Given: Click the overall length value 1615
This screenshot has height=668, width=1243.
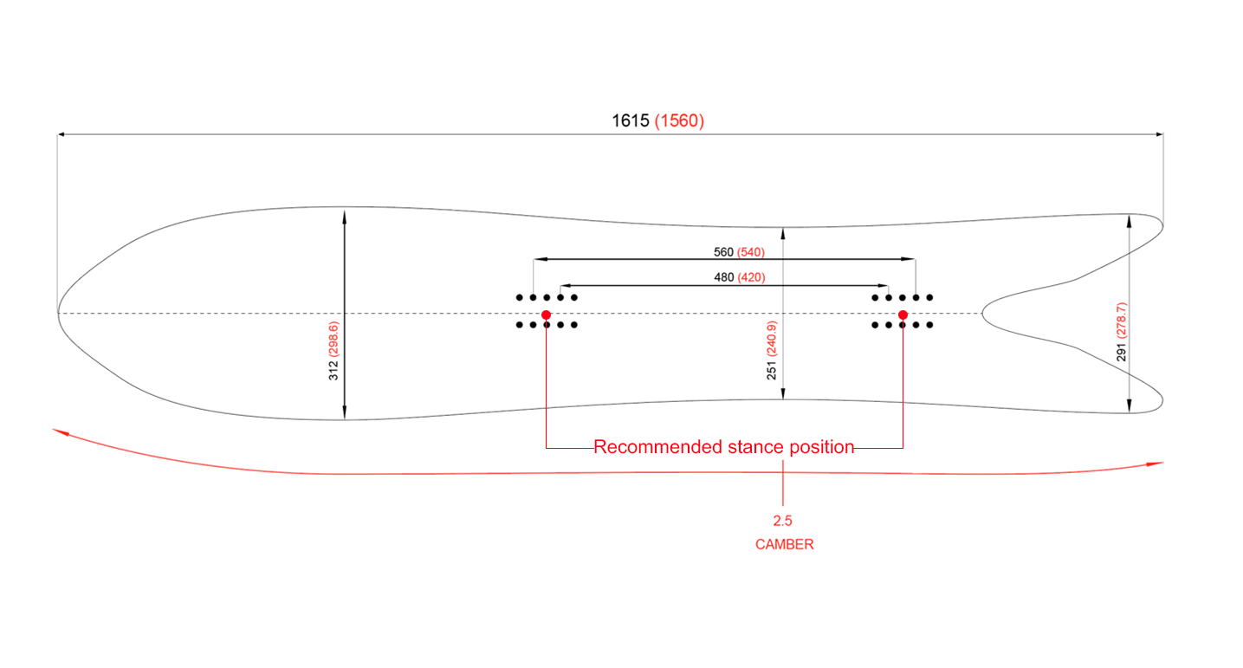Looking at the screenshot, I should coord(631,121).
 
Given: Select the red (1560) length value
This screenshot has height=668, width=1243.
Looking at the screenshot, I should coord(680,121).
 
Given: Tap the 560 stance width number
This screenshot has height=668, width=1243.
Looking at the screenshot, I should coord(723,252).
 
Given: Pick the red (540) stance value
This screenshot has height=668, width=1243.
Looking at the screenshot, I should coord(752,252).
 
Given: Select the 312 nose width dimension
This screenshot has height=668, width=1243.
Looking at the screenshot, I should coord(333,371).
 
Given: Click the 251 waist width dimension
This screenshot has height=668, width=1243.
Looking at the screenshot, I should coord(772,369).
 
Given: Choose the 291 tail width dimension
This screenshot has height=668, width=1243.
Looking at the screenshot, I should coord(1122,352).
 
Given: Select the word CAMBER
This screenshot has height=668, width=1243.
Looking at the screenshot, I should coord(784,545).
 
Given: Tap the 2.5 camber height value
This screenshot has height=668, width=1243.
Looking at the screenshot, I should coord(783,521).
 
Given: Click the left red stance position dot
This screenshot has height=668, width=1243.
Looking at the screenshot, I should coord(546,315).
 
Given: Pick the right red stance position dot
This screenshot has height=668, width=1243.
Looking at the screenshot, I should coord(903,315).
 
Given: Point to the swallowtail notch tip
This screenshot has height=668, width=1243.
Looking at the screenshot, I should coord(982,313).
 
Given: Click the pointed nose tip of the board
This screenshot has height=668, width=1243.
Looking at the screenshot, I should coord(58,313).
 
